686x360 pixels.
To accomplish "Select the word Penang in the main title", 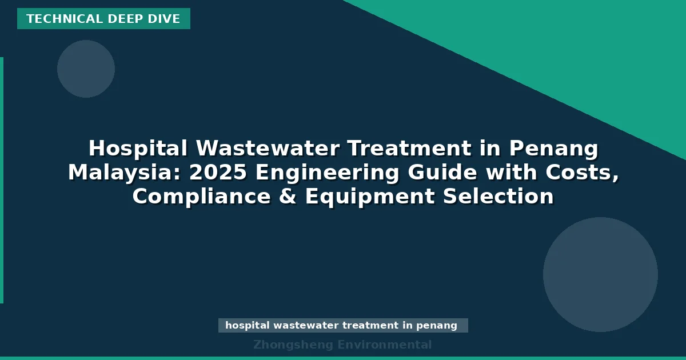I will tap(553, 149).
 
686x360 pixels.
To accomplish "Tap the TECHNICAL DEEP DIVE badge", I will tap(103, 19).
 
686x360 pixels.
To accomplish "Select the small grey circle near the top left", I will tap(86, 69).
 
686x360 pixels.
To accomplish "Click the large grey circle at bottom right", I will tap(600, 274).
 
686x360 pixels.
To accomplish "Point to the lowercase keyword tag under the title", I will tap(343, 326).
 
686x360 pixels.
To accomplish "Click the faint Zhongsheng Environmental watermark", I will tap(342, 345).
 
